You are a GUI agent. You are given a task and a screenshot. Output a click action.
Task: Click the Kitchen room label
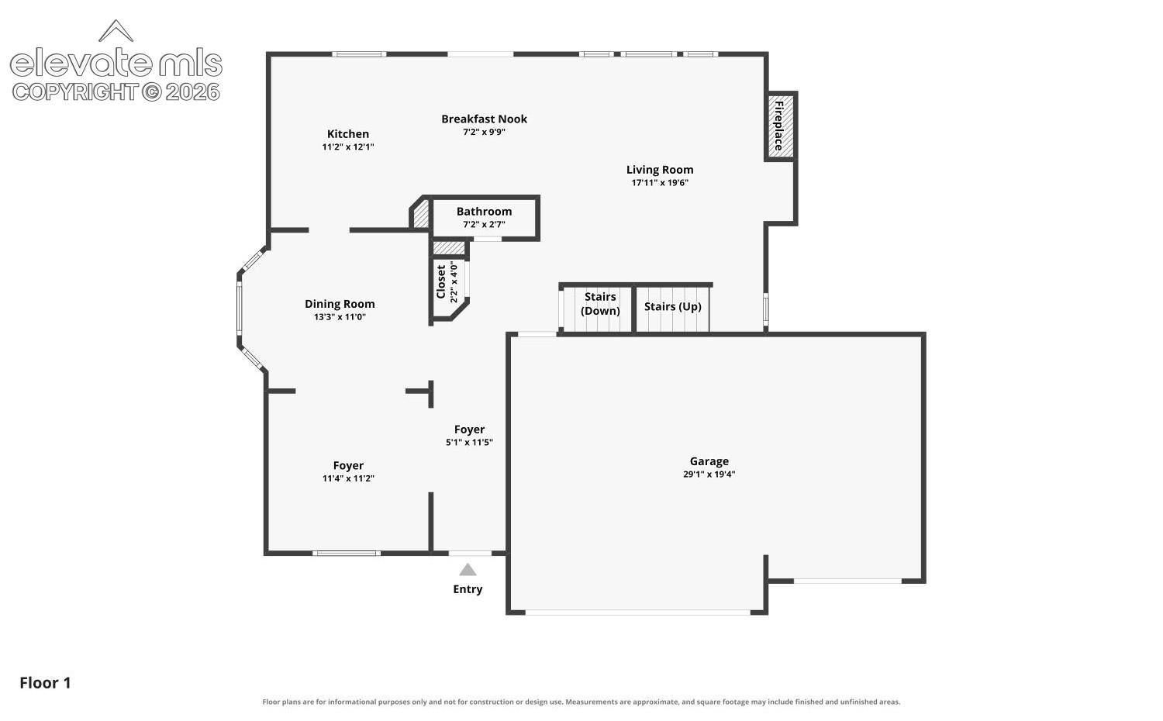point(348,134)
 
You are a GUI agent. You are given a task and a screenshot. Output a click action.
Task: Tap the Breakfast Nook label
point(484,119)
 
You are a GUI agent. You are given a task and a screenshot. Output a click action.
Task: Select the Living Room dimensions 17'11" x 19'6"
point(660,182)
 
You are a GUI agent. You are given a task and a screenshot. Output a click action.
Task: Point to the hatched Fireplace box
point(780,126)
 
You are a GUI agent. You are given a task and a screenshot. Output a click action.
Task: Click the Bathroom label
point(484,212)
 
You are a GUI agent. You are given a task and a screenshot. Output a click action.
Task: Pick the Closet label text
point(441,282)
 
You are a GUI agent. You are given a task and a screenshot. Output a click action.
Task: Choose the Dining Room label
point(340,304)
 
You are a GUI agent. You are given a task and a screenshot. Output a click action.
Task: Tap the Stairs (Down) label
point(600,304)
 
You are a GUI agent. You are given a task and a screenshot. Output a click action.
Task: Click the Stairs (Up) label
point(673,307)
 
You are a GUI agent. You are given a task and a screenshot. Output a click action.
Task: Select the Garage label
point(709,461)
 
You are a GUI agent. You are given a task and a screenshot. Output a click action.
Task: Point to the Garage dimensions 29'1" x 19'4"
point(709,474)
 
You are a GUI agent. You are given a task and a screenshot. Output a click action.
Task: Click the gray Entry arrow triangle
point(468,570)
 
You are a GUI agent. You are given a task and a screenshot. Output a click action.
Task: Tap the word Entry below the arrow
point(468,589)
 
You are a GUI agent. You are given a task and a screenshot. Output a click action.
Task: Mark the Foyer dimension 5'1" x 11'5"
point(469,442)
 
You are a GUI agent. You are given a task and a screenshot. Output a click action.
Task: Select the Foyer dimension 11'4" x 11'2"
point(348,478)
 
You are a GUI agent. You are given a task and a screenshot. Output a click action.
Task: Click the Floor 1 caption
point(45,683)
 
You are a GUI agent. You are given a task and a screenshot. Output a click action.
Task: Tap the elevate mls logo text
point(116,63)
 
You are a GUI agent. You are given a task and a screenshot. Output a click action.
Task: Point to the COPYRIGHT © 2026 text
point(116,92)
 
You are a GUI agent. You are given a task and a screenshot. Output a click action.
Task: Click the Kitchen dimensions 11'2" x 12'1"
point(348,147)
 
